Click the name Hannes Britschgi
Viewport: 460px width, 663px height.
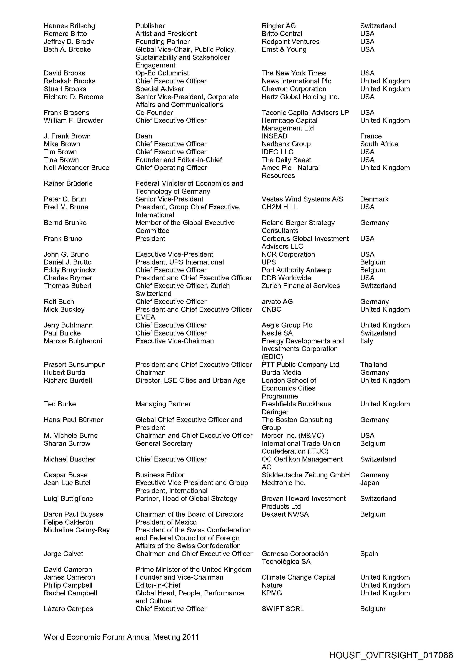pos(70,26)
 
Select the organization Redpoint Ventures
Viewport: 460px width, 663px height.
pos(290,42)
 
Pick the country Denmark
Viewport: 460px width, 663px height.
pos(374,199)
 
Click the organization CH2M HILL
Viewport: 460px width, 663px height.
pos(279,207)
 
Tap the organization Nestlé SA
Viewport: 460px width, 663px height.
pos(277,333)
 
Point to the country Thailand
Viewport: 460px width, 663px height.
pos(373,365)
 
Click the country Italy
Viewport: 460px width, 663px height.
pos(366,341)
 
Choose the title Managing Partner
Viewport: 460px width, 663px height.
pos(163,404)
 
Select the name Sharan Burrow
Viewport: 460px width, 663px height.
pos(67,444)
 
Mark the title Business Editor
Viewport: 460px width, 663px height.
pos(160,475)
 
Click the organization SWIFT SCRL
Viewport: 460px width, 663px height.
pos(282,609)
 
